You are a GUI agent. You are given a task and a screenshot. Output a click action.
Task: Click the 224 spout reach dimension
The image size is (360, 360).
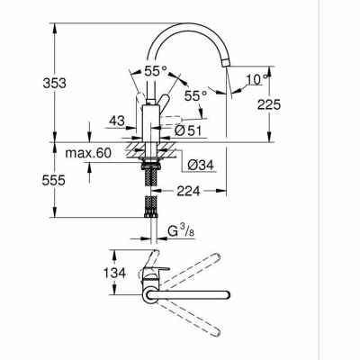pos(188,190)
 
